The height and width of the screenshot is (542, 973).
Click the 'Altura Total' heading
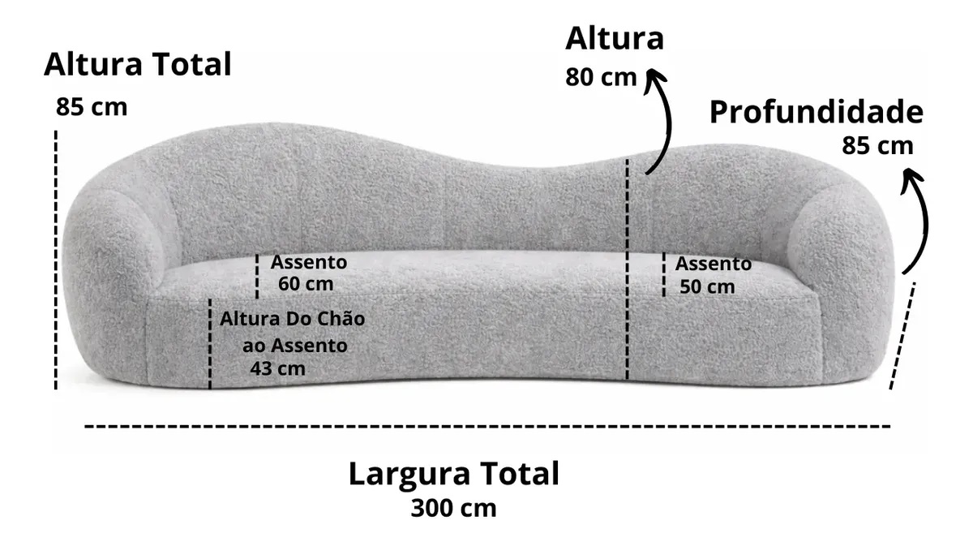pyautogui.click(x=137, y=64)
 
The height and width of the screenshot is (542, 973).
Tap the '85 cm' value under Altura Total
pyautogui.click(x=92, y=107)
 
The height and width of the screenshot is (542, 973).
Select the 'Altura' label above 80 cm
pyautogui.click(x=614, y=38)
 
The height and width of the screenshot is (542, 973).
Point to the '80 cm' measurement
pyautogui.click(x=601, y=78)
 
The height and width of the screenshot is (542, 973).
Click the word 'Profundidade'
pyautogui.click(x=816, y=113)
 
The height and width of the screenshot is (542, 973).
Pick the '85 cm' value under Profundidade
pyautogui.click(x=877, y=146)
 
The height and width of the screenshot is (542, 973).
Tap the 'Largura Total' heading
pyautogui.click(x=453, y=474)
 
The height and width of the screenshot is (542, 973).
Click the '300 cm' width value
pyautogui.click(x=453, y=509)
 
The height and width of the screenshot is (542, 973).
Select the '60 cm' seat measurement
pyautogui.click(x=305, y=284)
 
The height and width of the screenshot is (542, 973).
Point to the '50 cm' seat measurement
pyautogui.click(x=707, y=286)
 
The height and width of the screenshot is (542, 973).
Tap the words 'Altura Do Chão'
pyautogui.click(x=292, y=319)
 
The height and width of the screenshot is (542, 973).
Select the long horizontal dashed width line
pyautogui.click(x=486, y=425)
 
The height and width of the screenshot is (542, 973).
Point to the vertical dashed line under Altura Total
pyautogui.click(x=56, y=260)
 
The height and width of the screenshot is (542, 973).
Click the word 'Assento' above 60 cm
pyautogui.click(x=308, y=263)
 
